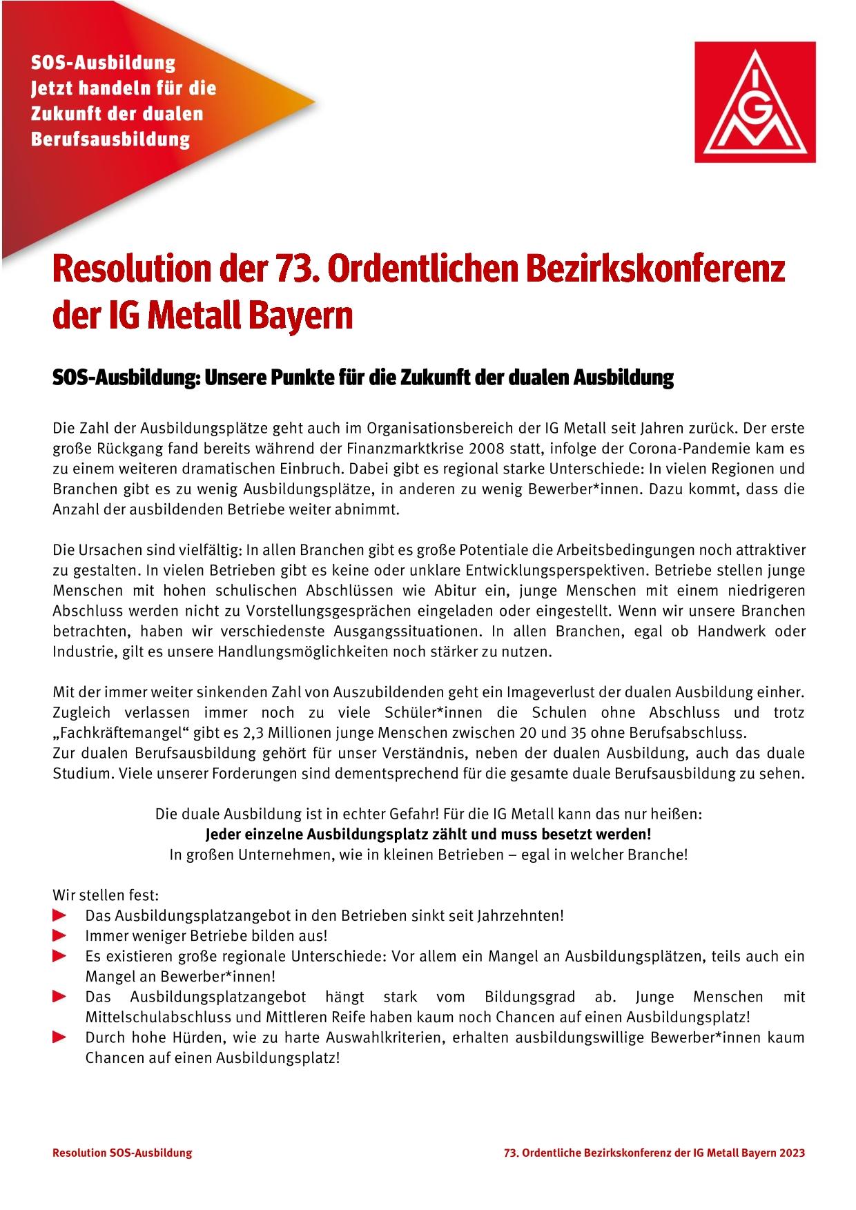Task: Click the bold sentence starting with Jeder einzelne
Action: point(429,834)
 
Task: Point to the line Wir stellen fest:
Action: point(106,895)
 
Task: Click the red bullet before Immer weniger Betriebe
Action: point(60,936)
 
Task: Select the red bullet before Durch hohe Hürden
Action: point(60,1037)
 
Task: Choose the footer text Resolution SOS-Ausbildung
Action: point(122,1153)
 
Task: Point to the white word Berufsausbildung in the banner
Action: point(110,139)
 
